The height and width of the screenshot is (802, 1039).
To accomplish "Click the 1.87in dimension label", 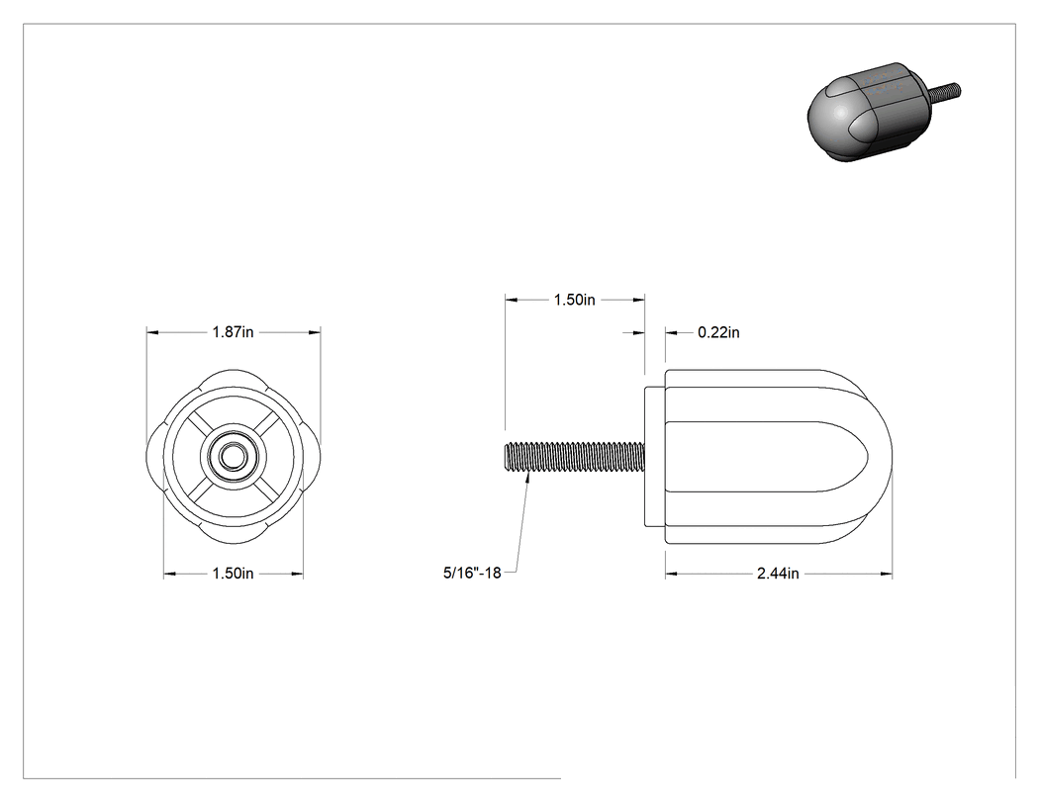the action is point(233,332).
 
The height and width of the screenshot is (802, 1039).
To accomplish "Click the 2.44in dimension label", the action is point(778,574).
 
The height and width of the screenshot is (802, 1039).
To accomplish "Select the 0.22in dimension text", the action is point(718,332).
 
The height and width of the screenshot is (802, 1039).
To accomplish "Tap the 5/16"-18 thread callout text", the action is point(472,573).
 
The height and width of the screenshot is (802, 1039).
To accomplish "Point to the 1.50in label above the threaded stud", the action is point(575,300).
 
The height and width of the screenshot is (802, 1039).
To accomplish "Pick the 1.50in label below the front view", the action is point(233,573).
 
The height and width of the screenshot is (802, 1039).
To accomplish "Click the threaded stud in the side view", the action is point(575,458).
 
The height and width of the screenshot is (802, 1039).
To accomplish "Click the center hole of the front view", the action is point(233,456).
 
